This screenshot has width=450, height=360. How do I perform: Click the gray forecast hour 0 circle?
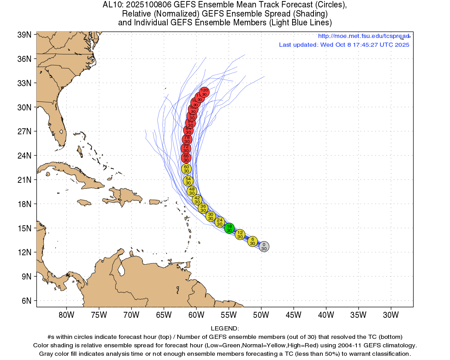coord(264,246)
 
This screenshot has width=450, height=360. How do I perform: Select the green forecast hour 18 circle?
coord(229,229)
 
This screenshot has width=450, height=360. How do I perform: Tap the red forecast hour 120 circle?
coord(204,92)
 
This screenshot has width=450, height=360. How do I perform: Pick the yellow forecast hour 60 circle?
coord(186,169)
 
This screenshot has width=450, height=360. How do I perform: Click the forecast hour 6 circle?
coord(252,241)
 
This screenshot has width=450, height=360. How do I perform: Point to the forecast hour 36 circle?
coord(203,208)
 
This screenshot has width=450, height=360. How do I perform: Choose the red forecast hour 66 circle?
coord(186,158)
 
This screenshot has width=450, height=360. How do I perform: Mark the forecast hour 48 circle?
coord(192,191)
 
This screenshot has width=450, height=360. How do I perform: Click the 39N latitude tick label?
coord(25,35)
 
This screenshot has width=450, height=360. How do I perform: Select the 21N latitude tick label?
coord(25,180)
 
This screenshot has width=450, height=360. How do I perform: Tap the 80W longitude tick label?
coord(66,315)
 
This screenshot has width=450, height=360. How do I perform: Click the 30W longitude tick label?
coord(391,315)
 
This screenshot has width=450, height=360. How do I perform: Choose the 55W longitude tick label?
coord(229,315)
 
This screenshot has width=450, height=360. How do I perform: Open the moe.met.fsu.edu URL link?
coord(364,36)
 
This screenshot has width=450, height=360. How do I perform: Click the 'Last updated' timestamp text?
coord(344,45)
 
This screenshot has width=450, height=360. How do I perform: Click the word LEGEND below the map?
coord(225,328)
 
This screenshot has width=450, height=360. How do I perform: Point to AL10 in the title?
coord(112,5)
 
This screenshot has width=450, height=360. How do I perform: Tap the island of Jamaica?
coord(84,202)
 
